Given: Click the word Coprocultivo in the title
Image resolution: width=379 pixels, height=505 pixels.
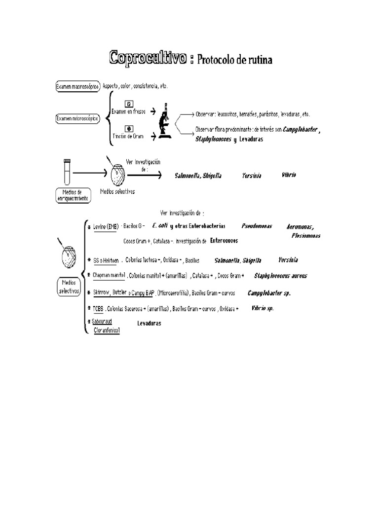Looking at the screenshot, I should click(x=148, y=58).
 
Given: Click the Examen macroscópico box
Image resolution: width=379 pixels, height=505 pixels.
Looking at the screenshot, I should click(x=78, y=86).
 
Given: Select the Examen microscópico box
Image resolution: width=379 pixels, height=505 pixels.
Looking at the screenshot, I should click(x=78, y=118).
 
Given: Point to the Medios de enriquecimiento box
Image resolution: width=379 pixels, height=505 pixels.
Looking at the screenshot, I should click(x=72, y=194).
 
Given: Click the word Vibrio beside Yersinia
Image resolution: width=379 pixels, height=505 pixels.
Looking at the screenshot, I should click(x=289, y=175).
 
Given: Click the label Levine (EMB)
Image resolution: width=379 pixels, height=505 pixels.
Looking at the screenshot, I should click(x=106, y=226).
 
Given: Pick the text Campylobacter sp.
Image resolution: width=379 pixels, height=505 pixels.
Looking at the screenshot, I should click(x=269, y=293).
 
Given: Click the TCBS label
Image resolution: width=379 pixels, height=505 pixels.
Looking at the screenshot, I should click(x=98, y=309).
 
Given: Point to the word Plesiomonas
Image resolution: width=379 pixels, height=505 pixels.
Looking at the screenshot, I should click(x=305, y=236).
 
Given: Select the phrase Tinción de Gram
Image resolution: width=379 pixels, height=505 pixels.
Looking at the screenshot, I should click(x=128, y=136).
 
